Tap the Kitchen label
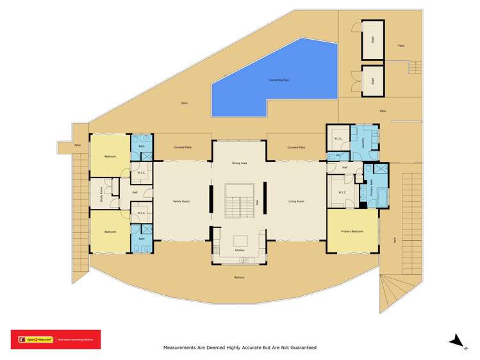[239, 250]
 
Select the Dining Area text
[239, 163]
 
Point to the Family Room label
[181, 201]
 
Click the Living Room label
[295, 201]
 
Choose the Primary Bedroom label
[352, 233]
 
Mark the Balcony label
[239, 277]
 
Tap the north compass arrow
[456, 341]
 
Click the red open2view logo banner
[55, 340]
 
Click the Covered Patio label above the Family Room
[183, 147]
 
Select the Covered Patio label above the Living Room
[296, 147]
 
